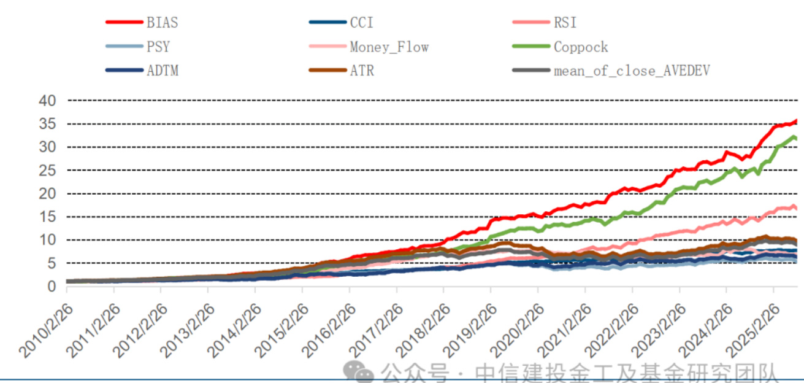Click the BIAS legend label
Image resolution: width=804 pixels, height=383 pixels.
tap(162, 23)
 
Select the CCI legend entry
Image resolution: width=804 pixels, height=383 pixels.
tap(361, 23)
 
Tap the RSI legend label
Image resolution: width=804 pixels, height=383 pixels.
tap(565, 23)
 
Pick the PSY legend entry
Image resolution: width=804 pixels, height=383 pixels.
tap(158, 47)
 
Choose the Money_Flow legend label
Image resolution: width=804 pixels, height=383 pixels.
tap(389, 47)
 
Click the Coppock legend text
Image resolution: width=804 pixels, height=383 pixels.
tap(581, 47)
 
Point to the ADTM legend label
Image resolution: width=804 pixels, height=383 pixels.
tap(162, 70)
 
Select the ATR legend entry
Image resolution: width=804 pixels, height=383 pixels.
tap(361, 70)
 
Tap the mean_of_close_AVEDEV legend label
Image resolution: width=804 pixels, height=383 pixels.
tap(632, 70)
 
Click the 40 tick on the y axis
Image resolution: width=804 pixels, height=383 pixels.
tap(47, 100)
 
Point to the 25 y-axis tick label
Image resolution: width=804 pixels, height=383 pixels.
tap(47, 170)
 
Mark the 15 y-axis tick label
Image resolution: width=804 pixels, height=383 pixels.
tap(47, 217)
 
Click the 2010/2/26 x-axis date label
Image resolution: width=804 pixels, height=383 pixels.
tap(47, 331)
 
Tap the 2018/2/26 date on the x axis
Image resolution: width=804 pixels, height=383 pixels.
tap(423, 331)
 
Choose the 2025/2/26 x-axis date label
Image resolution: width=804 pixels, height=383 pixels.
tap(752, 331)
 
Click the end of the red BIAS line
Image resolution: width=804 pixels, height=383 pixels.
tap(796, 121)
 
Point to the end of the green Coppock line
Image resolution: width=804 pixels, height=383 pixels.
tap(796, 139)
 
